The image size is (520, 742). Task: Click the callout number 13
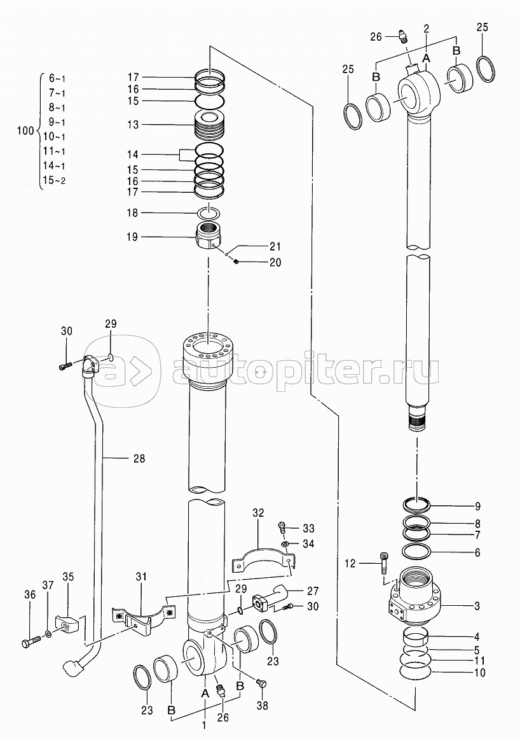(133, 125)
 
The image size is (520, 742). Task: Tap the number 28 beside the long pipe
(139, 458)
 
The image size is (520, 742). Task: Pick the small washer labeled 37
(49, 634)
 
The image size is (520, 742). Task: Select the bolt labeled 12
(383, 563)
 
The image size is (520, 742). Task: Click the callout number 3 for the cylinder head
(477, 606)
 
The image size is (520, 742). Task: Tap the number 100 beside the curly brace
(25, 130)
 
